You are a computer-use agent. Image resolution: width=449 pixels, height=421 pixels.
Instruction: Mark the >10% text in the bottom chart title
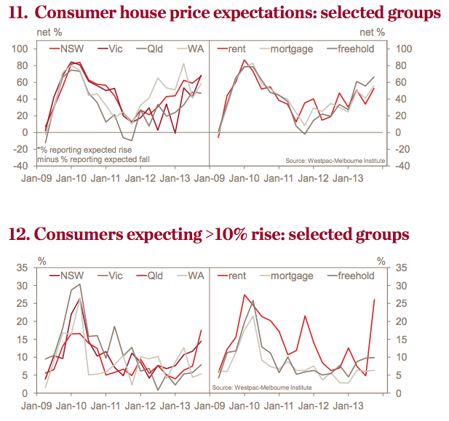tap(224, 235)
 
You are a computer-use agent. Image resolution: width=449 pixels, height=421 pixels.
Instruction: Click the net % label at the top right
tap(373, 33)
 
